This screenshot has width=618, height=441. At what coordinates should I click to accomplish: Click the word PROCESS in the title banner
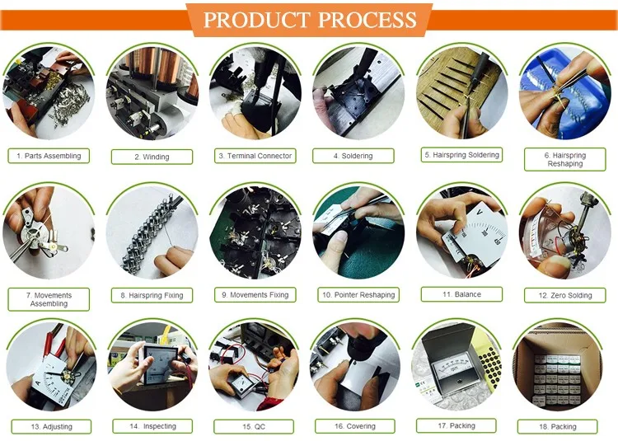tap(367, 20)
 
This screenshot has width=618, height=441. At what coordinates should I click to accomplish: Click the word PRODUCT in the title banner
tap(256, 20)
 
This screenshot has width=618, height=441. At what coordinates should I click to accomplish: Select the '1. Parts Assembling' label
tap(49, 156)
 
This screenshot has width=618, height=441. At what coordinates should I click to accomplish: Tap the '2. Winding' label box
tap(152, 157)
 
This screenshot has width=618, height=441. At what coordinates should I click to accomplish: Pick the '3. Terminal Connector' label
tap(255, 156)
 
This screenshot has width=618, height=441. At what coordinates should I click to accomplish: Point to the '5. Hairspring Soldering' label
tap(461, 155)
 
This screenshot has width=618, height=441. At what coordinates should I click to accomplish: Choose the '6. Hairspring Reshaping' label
tap(564, 159)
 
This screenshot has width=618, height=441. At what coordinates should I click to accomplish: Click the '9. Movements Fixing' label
tap(255, 295)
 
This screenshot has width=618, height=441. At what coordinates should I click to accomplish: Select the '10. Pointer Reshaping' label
tap(358, 295)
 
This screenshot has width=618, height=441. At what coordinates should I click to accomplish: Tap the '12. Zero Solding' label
tap(564, 295)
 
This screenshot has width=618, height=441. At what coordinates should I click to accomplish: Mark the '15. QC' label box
tap(254, 427)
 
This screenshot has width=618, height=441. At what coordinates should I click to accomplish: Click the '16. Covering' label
tap(354, 426)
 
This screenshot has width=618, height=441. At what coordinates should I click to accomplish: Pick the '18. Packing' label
tap(557, 427)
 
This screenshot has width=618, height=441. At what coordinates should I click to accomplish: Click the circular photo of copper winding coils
tap(152, 93)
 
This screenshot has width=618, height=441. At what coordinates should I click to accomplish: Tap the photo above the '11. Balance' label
tap(461, 232)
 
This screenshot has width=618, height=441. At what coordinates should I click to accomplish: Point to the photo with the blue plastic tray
tap(564, 93)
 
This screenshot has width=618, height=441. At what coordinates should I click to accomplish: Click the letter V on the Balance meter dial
tap(480, 212)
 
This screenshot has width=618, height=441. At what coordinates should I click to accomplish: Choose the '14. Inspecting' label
tap(152, 426)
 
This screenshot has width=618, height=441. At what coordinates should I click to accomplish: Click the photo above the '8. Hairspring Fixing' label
tap(152, 232)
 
